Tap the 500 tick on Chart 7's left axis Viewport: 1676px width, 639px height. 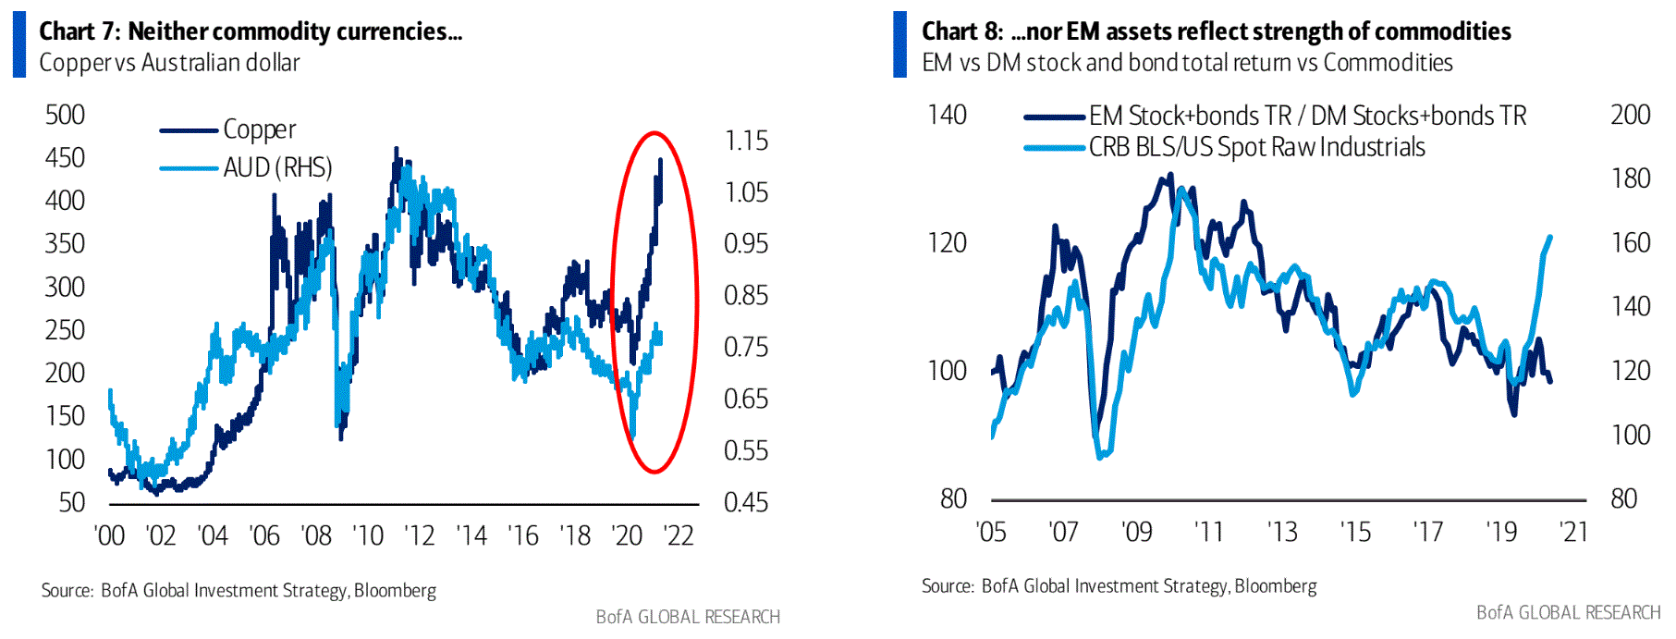(x=65, y=115)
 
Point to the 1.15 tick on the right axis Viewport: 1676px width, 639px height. (x=746, y=141)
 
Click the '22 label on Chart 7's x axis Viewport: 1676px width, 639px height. (x=679, y=535)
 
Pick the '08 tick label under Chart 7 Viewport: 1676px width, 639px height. (x=316, y=535)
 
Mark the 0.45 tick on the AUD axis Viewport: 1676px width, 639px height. (x=746, y=502)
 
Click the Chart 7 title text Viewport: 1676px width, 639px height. (x=251, y=31)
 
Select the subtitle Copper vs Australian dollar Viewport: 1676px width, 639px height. (x=169, y=63)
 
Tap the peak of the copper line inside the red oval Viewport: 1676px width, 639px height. (x=660, y=160)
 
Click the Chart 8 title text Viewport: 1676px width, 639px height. (x=1216, y=31)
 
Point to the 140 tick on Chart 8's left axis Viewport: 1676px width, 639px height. (x=947, y=115)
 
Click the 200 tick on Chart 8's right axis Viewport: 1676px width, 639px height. (x=1630, y=115)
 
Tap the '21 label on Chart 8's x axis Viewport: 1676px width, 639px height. (x=1573, y=532)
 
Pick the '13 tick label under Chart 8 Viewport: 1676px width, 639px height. (x=1282, y=532)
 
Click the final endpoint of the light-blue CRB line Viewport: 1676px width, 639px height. (x=1550, y=237)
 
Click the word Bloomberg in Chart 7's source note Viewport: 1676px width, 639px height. (x=395, y=590)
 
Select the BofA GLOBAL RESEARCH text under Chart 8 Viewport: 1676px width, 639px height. (x=1568, y=612)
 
